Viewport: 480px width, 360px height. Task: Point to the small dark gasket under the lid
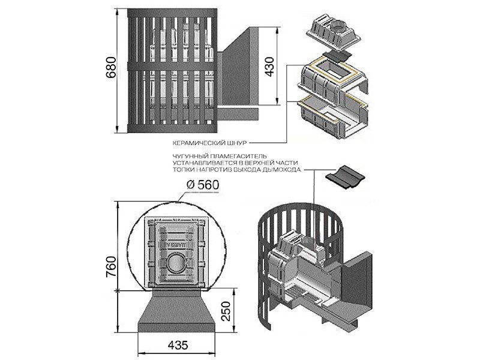340,55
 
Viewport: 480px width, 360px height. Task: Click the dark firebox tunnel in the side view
240,78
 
